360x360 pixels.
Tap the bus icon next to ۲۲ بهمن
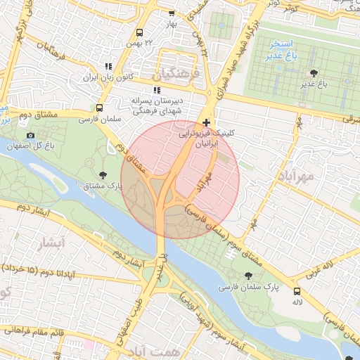(x=139, y=33)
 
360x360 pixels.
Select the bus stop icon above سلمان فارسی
(x=99, y=109)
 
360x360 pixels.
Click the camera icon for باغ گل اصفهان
(x=30, y=135)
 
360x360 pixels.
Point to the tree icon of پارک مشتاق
(x=103, y=175)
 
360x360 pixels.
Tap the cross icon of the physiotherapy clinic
(x=205, y=122)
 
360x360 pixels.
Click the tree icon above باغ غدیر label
(x=314, y=72)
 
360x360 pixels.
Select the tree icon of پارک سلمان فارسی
(x=247, y=276)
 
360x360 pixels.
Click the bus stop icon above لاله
(x=297, y=290)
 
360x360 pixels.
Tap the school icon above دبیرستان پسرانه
(x=156, y=90)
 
